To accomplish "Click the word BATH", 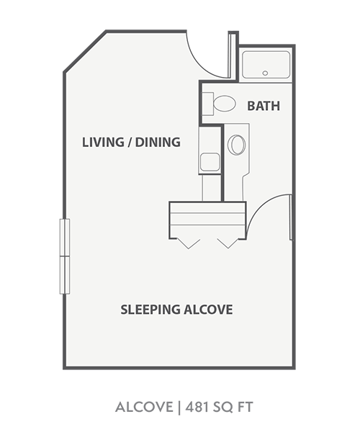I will (264, 107).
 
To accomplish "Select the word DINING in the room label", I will (158, 142).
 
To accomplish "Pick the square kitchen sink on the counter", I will (210, 161).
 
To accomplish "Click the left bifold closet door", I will (189, 242).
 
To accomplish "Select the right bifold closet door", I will (228, 242).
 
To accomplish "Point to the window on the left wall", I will (65, 256).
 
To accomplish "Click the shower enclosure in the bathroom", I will (266, 65).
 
